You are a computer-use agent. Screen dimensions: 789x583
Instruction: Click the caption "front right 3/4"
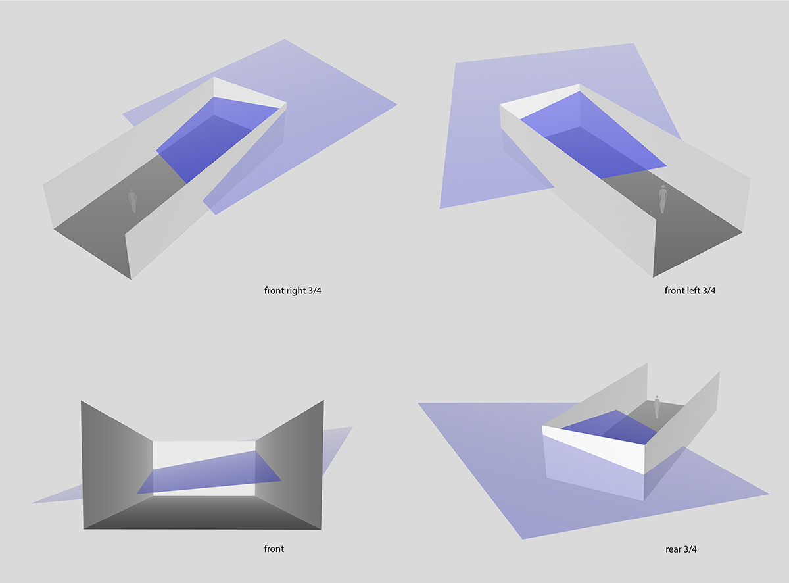tap(293, 291)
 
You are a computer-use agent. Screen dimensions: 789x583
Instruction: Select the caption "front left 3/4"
tap(690, 291)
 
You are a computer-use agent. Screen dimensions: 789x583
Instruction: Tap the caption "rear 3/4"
tap(681, 549)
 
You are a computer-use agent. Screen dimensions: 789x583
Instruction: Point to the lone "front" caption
tap(274, 549)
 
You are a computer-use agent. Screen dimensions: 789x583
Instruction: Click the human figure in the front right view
tap(132, 201)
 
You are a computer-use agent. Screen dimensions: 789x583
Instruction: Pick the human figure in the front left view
tap(663, 199)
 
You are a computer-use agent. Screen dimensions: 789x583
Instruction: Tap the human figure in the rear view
tap(657, 407)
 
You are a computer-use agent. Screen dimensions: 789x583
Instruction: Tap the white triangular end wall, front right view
tap(249, 94)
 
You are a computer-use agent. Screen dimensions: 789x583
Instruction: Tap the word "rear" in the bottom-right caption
tap(673, 549)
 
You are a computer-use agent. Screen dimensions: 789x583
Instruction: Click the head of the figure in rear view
tap(657, 397)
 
